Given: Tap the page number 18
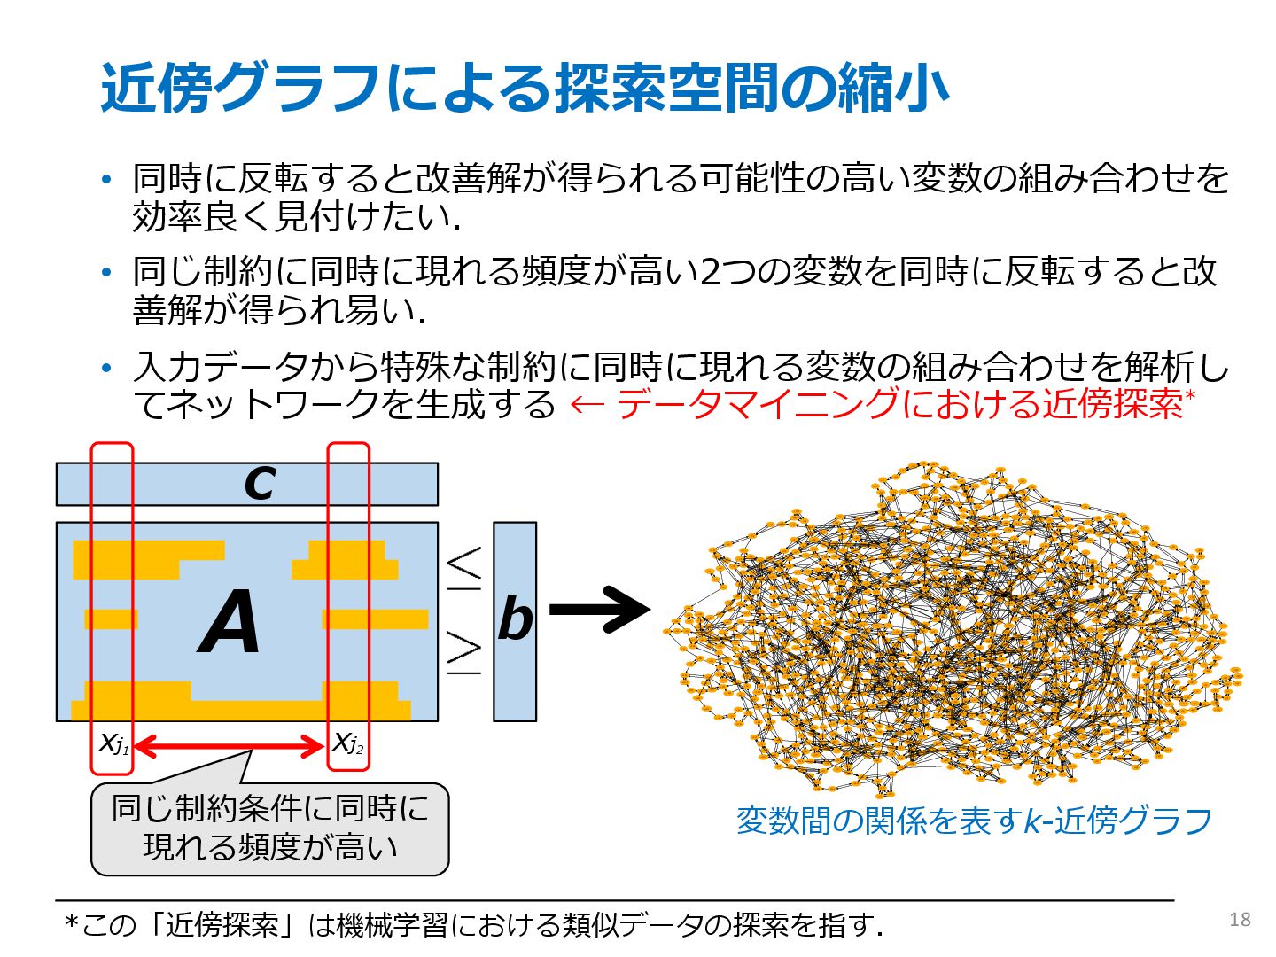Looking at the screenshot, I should (1240, 920).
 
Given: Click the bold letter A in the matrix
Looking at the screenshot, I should (230, 623).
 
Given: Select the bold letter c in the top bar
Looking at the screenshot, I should (260, 483).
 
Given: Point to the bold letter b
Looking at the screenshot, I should (515, 619).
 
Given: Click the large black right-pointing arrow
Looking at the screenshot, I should (600, 610).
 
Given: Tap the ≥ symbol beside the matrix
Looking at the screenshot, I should (463, 654).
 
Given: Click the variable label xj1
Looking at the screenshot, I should (113, 743).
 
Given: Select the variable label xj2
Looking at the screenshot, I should (347, 743).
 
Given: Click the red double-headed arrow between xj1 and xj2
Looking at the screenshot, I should (230, 746).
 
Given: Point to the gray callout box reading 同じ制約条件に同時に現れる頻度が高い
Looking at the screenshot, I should (270, 829).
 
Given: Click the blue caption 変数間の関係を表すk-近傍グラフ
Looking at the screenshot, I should (974, 821).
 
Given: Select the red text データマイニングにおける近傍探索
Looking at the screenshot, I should (900, 404).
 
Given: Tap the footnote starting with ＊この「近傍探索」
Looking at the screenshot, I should (474, 925).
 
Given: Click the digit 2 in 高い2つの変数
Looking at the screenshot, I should (710, 272).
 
